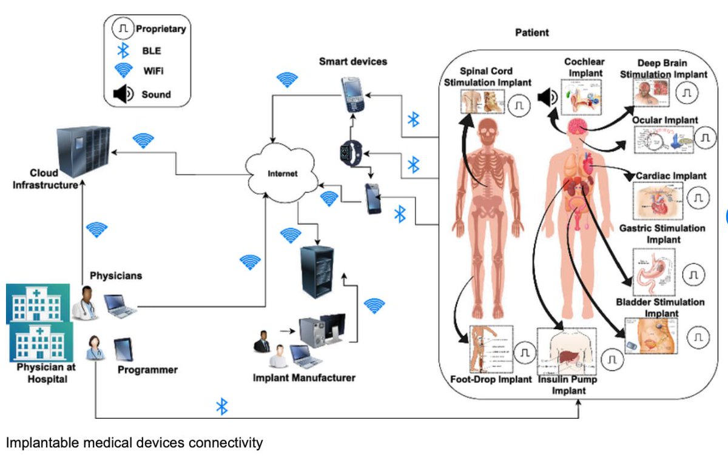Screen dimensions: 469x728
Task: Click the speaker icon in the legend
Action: click(124, 94)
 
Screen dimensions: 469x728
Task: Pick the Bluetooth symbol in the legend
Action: click(124, 50)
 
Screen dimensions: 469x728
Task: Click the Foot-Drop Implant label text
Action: click(491, 380)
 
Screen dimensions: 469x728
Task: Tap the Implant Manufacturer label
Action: click(304, 378)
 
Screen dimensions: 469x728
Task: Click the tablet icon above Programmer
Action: click(124, 347)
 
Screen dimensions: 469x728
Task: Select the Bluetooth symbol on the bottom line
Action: click(222, 407)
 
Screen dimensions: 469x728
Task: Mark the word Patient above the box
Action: click(532, 33)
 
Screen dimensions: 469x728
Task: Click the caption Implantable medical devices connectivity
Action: click(135, 443)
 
